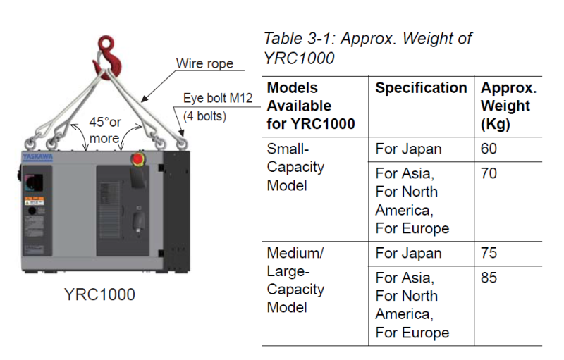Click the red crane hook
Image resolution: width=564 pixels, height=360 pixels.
click(108, 49)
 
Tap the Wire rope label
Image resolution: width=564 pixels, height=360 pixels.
click(204, 64)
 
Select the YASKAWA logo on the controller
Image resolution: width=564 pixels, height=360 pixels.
click(37, 157)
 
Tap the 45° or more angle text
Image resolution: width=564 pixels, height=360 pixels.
click(105, 130)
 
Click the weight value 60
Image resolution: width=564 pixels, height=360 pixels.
click(489, 149)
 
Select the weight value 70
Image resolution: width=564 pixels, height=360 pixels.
click(489, 173)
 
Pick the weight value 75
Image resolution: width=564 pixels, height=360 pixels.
click(489, 253)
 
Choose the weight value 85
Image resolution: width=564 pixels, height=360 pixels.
click(489, 277)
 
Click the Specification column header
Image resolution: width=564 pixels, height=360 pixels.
click(421, 88)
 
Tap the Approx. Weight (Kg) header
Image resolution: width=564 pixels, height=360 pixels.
click(508, 106)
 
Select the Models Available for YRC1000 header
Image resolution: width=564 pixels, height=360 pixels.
click(310, 106)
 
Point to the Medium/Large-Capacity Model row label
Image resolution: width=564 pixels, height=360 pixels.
click(295, 280)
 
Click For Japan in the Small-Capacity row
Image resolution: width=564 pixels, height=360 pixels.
click(408, 149)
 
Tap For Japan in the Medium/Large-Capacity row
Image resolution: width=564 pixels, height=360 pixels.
click(408, 253)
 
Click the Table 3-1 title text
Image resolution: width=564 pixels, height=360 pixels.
click(367, 47)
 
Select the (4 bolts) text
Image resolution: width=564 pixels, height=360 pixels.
click(204, 116)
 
